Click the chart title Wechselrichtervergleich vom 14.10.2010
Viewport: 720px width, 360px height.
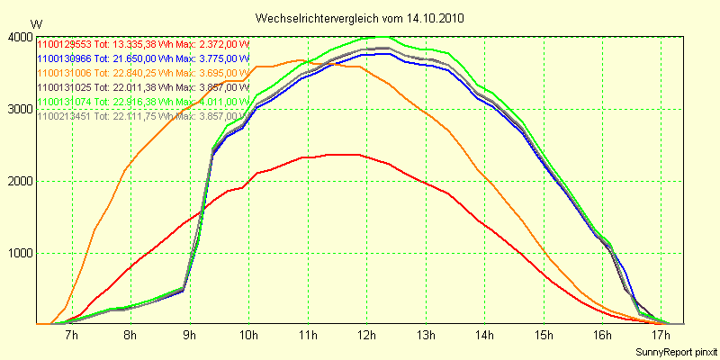[x=360, y=18]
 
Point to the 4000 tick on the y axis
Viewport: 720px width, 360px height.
[x=20, y=37]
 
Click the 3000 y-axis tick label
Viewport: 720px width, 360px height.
[x=20, y=109]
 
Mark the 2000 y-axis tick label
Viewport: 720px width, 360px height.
[x=20, y=181]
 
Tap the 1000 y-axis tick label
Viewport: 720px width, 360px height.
[x=20, y=253]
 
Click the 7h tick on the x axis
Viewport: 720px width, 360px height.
[x=71, y=336]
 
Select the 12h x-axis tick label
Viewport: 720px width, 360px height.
[x=365, y=336]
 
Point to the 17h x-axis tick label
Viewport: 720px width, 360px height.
[x=661, y=336]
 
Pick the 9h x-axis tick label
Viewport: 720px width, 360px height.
[x=189, y=336]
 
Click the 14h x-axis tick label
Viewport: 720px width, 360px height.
[x=483, y=336]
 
